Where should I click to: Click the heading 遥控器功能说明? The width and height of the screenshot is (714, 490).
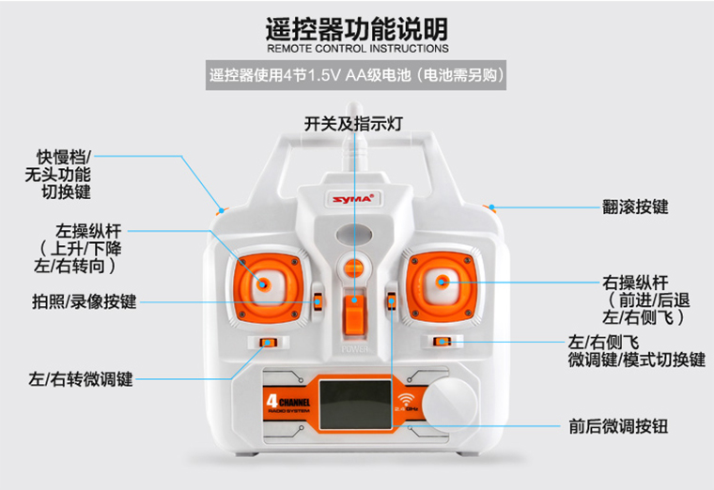click(x=357, y=29)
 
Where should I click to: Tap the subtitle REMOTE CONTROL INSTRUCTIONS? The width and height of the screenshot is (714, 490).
click(x=357, y=48)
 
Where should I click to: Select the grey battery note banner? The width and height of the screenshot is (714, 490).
click(x=356, y=75)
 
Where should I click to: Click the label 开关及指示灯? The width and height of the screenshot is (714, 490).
click(x=353, y=124)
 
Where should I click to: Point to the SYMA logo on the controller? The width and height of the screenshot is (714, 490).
click(x=353, y=199)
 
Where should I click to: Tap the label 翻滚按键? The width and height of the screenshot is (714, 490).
click(x=635, y=207)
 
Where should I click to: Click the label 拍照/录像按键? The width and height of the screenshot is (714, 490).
click(x=85, y=301)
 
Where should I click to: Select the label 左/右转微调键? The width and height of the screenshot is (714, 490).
click(x=81, y=379)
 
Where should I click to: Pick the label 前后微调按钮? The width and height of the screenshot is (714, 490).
click(x=618, y=426)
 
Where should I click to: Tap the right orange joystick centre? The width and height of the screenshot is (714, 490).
click(x=441, y=282)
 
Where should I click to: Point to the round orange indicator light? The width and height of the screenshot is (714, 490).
click(x=354, y=268)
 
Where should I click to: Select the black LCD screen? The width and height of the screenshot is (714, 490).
click(x=356, y=405)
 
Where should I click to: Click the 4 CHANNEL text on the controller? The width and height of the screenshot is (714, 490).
click(x=288, y=402)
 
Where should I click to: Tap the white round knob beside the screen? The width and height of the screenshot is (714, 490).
click(x=449, y=405)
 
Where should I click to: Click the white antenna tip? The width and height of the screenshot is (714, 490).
click(x=354, y=106)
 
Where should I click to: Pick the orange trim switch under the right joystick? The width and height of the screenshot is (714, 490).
click(x=442, y=342)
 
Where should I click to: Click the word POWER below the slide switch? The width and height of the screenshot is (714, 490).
click(x=355, y=349)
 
